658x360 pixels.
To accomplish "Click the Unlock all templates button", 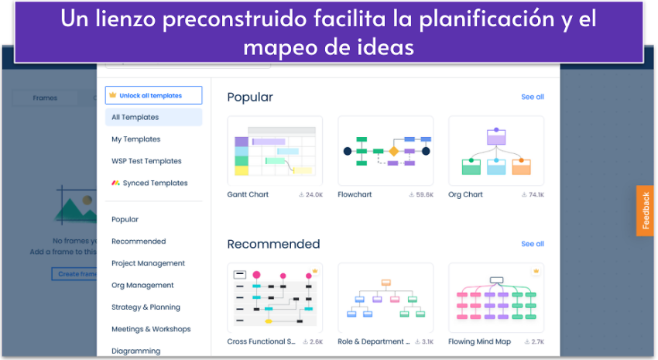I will pos(153,95).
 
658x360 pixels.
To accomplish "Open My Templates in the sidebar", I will pos(136,139).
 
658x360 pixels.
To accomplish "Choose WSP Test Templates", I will pos(146,161).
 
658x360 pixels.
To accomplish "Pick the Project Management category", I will pos(148,263).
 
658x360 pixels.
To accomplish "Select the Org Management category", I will pos(142,285).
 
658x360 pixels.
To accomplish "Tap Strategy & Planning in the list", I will pos(146,307).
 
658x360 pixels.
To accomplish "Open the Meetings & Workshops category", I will pos(151,329).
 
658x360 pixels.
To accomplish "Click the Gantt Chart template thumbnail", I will pos(275,151).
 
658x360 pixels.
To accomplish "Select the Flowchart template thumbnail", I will pos(386,151).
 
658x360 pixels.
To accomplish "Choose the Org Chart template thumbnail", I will pos(496,151).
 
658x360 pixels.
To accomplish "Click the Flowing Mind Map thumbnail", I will pos(496,297).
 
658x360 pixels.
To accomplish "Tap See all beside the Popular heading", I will pos(533,97).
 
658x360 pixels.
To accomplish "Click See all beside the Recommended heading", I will pos(533,244).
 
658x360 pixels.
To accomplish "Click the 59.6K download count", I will pos(421,195).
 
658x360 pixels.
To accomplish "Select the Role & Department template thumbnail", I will pos(386,297).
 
